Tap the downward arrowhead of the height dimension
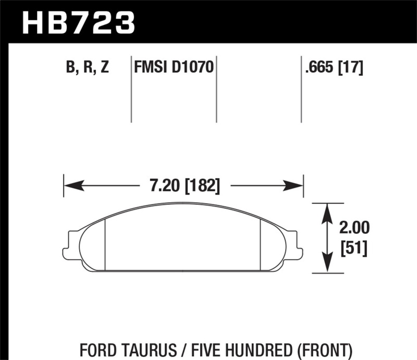[x=327, y=266]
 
